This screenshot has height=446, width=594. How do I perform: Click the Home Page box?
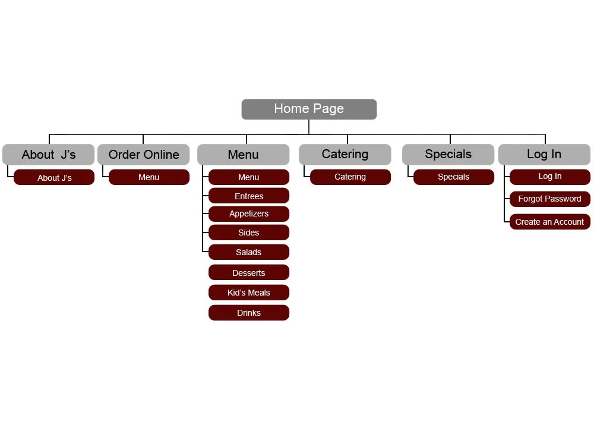pos(309,109)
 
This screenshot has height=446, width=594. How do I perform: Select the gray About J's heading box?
pos(48,155)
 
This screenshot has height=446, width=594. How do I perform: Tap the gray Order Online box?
pos(143,155)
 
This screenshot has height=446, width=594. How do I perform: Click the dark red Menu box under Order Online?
pos(149,177)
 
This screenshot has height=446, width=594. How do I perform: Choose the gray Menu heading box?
pos(243,155)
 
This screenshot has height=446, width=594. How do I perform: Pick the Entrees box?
pos(249,196)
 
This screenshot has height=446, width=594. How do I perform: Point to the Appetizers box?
pos(249,214)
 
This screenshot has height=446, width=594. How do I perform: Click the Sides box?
pos(249,233)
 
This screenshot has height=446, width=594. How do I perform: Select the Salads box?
pos(249,252)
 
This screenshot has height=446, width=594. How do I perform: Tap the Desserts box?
pos(249,273)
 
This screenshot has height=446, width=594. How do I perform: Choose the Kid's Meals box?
pos(249,293)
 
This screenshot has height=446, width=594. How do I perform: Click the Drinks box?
pos(249,313)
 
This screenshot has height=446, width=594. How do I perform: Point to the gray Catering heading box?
pos(345,155)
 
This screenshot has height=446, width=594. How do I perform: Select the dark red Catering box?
pos(350,177)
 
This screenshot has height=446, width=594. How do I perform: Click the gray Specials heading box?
pos(448,155)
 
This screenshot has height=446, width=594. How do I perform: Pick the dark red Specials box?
pos(454,177)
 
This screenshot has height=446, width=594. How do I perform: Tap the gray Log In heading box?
pos(544,155)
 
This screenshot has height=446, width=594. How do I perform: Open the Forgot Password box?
pos(550,199)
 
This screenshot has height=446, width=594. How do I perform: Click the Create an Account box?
pos(550,222)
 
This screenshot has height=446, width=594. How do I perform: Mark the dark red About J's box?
pos(54,178)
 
